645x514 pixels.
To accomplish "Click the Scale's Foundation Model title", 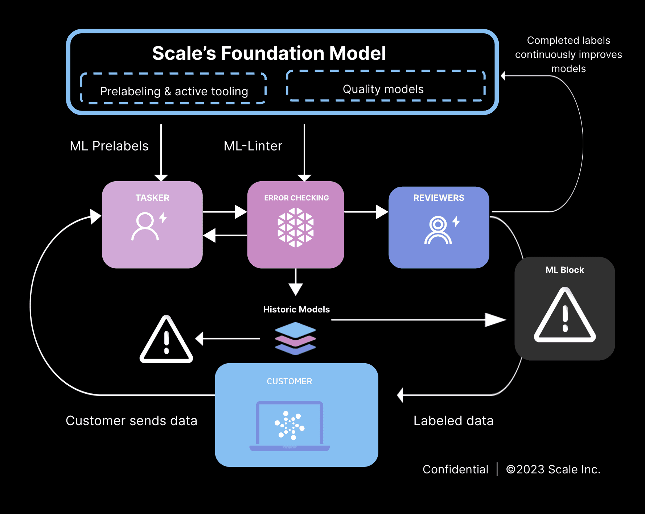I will click(x=269, y=53).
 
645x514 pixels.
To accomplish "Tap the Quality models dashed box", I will click(x=386, y=86).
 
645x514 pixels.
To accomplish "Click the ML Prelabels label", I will click(x=109, y=146).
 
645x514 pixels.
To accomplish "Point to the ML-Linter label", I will click(x=253, y=146).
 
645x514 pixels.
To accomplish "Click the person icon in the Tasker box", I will click(x=145, y=226).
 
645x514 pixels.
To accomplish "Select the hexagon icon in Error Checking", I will click(x=296, y=227).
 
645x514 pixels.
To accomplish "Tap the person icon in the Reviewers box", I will click(x=438, y=230).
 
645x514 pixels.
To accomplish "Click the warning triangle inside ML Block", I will click(x=565, y=315).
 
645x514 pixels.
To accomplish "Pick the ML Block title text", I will click(x=564, y=270).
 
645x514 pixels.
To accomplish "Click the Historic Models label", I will click(x=296, y=310).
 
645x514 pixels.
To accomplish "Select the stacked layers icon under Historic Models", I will click(x=295, y=339).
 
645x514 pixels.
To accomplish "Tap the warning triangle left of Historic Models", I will click(x=167, y=340).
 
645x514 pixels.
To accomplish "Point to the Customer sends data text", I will click(x=131, y=421).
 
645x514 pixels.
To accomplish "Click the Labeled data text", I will click(x=453, y=421).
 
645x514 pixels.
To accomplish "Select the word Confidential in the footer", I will click(x=455, y=469).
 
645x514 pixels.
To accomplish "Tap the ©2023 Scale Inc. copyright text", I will click(x=553, y=469).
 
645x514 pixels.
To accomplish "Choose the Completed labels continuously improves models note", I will click(x=568, y=54).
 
